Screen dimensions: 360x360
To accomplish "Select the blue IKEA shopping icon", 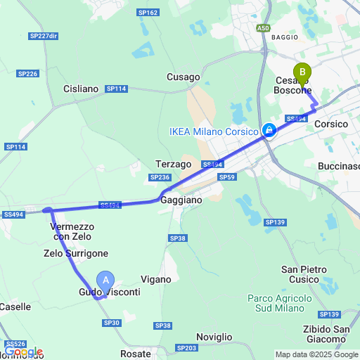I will coord(269,130).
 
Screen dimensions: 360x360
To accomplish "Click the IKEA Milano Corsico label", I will coord(214,131).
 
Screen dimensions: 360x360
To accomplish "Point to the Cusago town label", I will coord(183,77).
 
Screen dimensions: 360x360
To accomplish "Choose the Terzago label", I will coord(174,164).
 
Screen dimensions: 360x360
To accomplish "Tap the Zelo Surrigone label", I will coord(76,253).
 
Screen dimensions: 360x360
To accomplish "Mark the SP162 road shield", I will coord(148,13).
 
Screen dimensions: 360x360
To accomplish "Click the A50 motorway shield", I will coord(263,28).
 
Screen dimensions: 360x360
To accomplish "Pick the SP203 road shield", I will coord(187,347).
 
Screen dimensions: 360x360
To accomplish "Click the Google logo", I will coord(22,352).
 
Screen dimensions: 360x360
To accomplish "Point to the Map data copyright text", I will coord(316,354).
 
